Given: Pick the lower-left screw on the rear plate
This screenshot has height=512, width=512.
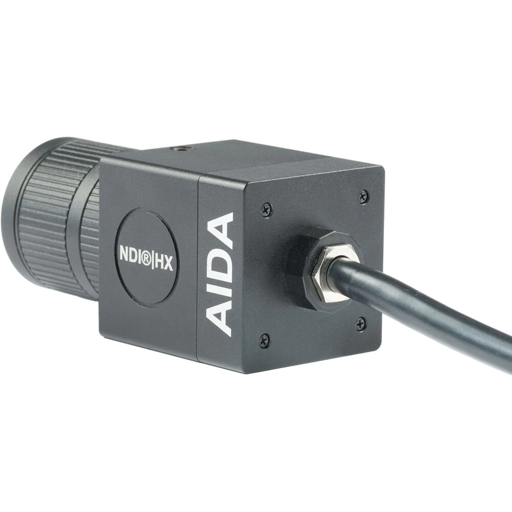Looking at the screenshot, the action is click(264, 340).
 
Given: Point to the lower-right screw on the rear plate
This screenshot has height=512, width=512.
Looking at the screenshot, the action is click(360, 324).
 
